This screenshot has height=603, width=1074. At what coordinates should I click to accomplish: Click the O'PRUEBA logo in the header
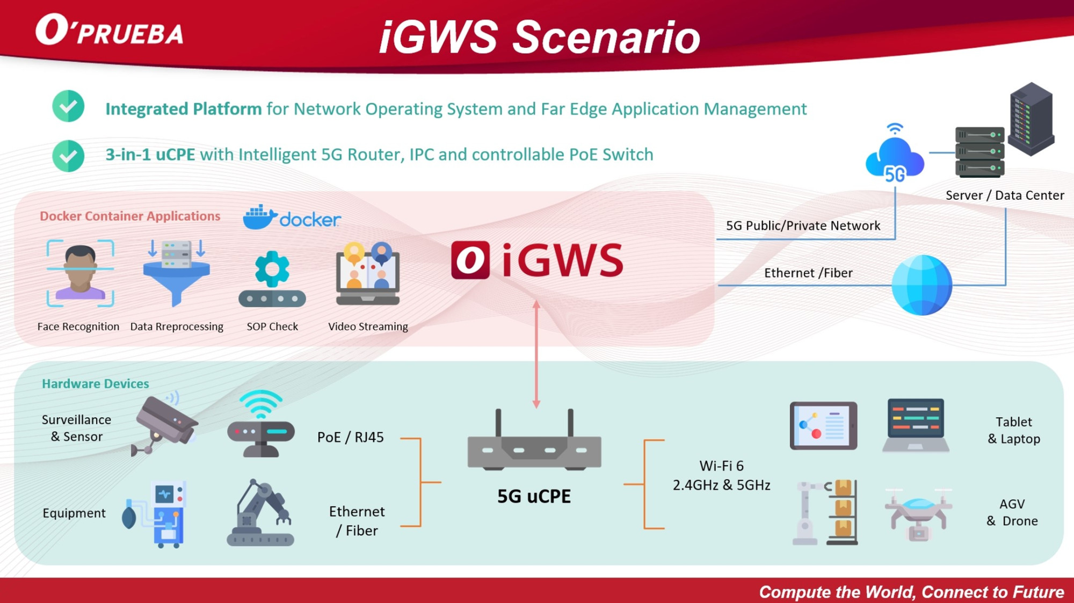[110, 31]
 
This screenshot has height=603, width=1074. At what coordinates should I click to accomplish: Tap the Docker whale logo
[259, 217]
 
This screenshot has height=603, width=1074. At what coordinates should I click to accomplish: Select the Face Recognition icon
[80, 273]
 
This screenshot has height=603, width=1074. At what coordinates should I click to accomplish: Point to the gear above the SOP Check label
[272, 268]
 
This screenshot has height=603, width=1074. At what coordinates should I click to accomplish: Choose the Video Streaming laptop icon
[368, 274]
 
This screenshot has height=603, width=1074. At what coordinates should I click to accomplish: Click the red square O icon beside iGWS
[470, 260]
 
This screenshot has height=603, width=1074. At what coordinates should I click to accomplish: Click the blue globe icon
[921, 285]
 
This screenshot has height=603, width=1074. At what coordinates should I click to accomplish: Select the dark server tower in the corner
[1031, 119]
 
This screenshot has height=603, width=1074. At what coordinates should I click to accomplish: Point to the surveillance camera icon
[165, 424]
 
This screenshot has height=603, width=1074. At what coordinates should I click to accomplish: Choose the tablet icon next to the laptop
[823, 425]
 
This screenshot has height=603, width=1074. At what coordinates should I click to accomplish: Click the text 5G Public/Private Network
[803, 226]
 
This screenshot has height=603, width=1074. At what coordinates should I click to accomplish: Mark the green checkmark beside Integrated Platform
[68, 106]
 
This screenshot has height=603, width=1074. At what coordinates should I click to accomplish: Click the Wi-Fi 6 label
[721, 466]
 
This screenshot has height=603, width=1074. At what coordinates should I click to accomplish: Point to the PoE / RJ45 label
[350, 437]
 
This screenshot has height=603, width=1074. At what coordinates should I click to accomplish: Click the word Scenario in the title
[606, 38]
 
